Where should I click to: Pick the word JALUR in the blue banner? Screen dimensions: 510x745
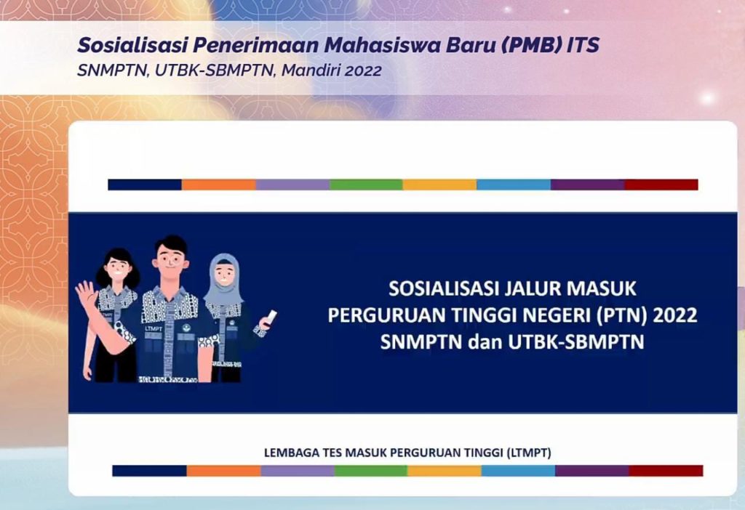point(535,289)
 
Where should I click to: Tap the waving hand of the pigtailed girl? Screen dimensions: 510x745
point(87,297)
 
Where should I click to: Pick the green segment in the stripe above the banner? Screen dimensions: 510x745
point(366,185)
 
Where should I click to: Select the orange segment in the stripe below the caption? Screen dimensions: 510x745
point(223,471)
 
